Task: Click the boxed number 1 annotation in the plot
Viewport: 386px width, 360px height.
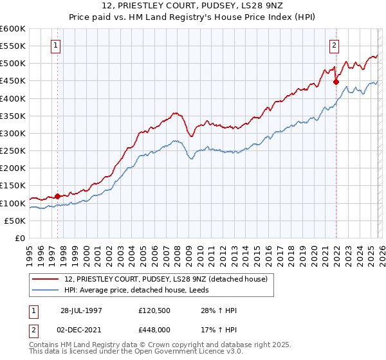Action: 57,46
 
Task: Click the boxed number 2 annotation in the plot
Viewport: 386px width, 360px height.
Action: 335,46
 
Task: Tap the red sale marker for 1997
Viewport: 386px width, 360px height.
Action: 58,196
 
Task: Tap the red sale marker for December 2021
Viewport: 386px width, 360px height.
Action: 336,82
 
